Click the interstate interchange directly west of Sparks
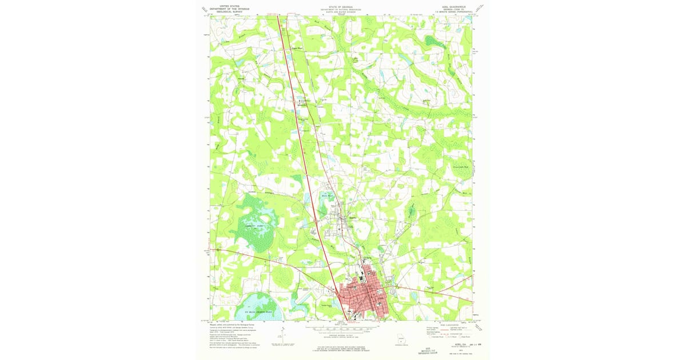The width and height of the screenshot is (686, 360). [316, 219]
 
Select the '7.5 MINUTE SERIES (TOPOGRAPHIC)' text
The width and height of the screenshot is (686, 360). [456, 12]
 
